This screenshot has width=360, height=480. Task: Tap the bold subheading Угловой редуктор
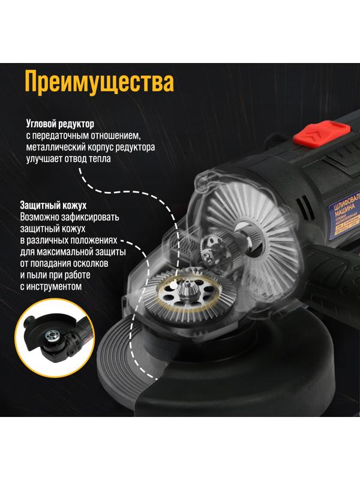(x=60, y=124)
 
